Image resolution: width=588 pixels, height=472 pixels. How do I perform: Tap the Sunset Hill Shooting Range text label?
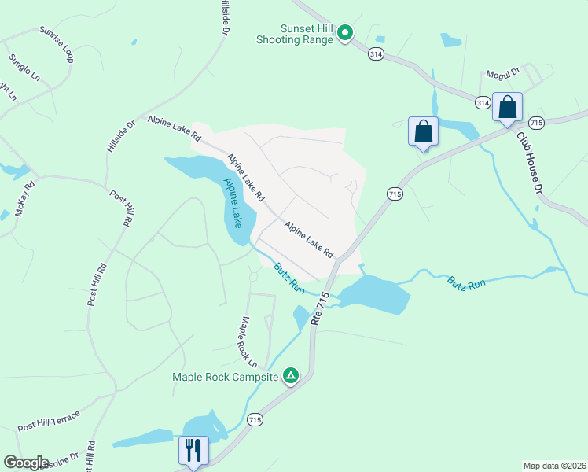tap(296, 33)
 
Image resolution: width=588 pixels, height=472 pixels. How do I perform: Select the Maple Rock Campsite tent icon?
tap(291, 376)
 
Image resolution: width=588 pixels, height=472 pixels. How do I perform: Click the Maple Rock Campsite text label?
tap(226, 377)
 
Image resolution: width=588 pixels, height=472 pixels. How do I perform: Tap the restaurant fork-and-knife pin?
tap(193, 451)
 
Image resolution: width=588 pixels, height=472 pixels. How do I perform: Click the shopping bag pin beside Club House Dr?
tap(507, 108)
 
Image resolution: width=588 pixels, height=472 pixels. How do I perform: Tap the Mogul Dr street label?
tap(503, 72)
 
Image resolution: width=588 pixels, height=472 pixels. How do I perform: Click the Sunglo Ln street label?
tap(24, 68)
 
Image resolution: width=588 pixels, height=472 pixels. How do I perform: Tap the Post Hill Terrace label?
tap(49, 421)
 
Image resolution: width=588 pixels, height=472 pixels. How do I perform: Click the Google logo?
tap(26, 462)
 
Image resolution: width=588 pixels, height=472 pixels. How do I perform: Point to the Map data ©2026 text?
tap(554, 465)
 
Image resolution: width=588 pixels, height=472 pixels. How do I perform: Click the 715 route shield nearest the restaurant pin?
tap(254, 420)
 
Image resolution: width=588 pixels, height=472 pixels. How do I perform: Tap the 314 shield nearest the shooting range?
tap(376, 53)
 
